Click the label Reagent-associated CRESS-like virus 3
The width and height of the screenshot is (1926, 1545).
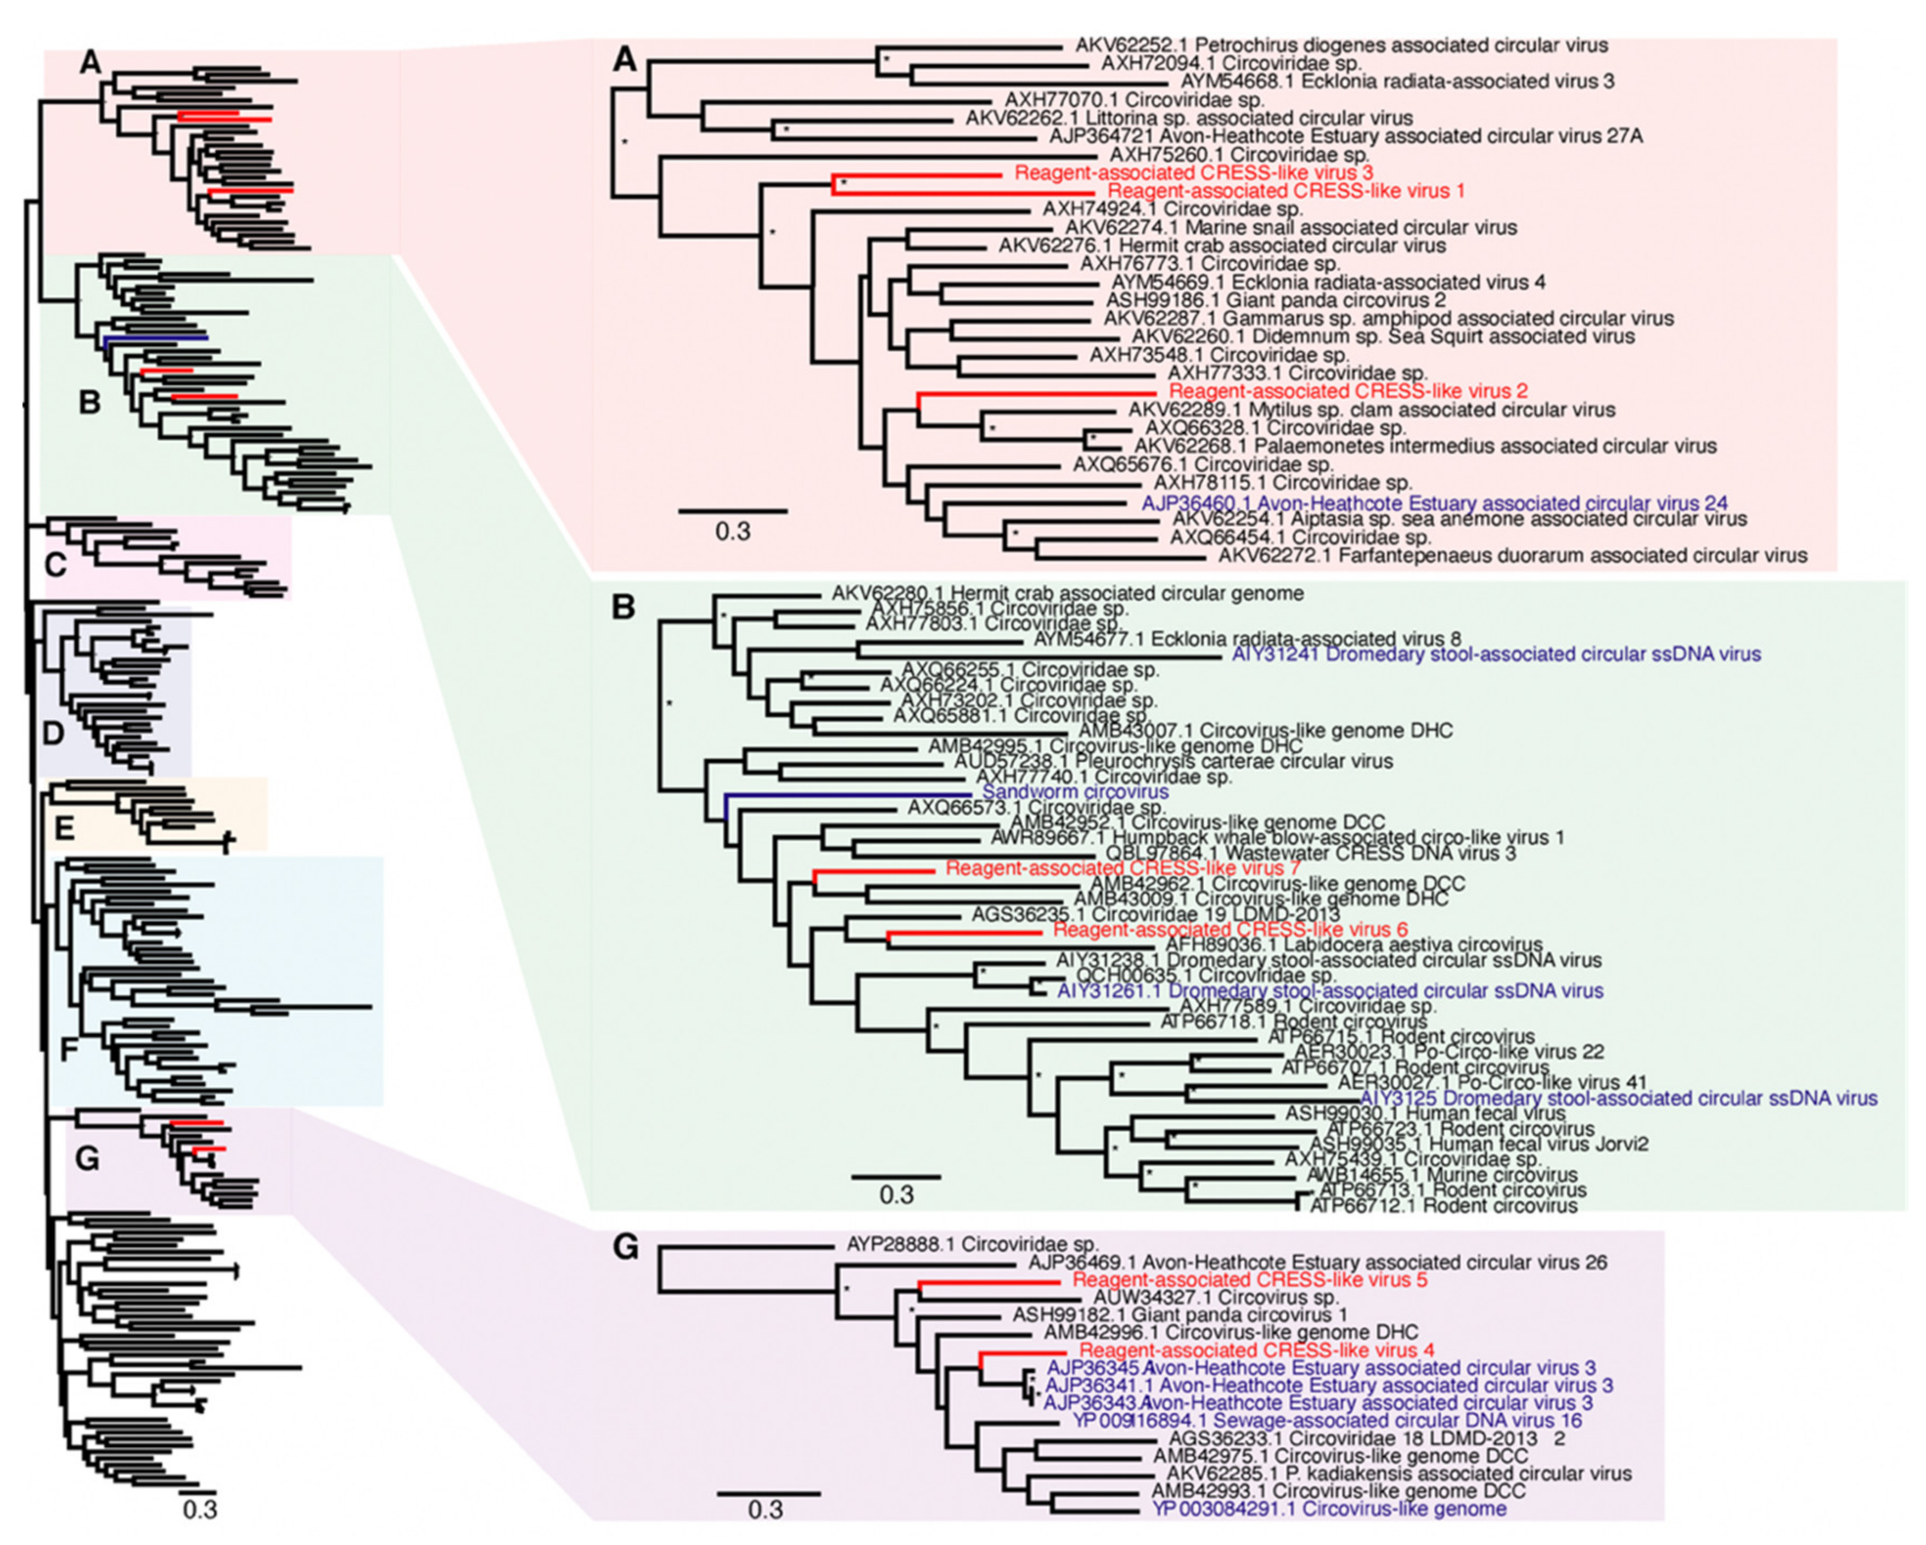(1193, 172)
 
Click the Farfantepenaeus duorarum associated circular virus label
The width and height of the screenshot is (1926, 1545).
(1512, 555)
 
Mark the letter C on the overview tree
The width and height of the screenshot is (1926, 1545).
(55, 565)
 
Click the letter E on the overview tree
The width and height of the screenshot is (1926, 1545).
(64, 829)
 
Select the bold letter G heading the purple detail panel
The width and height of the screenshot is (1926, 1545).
(625, 1248)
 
